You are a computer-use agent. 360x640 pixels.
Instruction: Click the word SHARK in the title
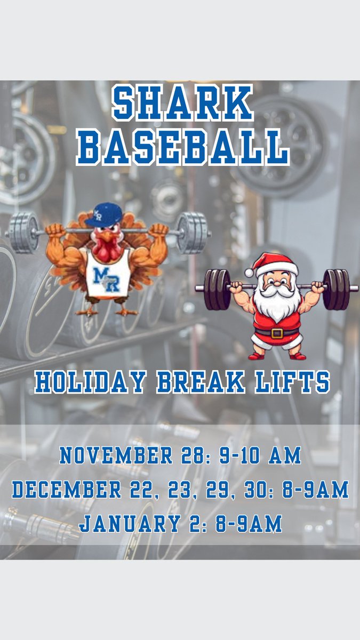182,105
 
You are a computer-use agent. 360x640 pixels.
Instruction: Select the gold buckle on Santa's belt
277,333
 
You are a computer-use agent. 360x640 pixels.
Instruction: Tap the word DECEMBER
65,490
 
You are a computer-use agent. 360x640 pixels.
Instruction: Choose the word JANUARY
127,523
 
